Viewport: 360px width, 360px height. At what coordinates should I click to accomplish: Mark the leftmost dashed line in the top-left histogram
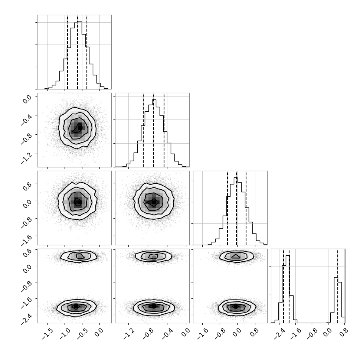pos(68,52)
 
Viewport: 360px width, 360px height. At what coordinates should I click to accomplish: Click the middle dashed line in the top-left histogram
pos(78,52)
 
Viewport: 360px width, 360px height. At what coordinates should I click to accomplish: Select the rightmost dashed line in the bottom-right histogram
pos(338,286)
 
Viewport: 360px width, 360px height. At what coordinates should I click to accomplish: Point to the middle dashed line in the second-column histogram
pos(154,130)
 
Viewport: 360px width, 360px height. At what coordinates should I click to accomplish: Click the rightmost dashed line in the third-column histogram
pos(246,208)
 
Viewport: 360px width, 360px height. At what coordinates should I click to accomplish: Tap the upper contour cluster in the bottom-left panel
pos(79,256)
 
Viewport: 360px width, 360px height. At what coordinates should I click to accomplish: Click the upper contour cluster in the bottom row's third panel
pos(236,256)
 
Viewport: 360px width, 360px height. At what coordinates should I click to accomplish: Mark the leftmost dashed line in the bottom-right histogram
pos(284,286)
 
